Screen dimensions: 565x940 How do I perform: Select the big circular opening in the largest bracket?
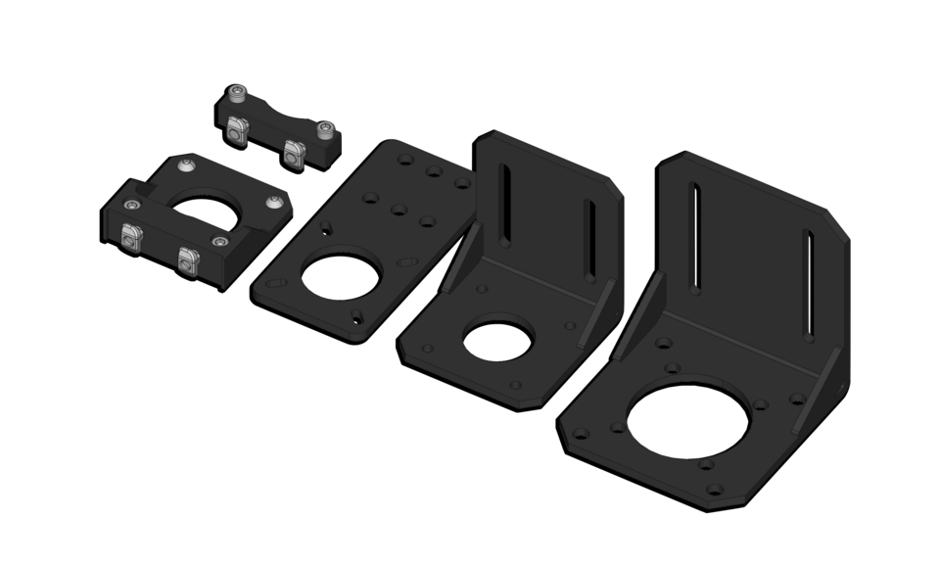[x=687, y=418]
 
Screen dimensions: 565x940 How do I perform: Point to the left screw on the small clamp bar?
[x=235, y=95]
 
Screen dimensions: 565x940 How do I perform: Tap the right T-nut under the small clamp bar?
[x=292, y=151]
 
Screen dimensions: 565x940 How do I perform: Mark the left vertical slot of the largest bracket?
[x=694, y=236]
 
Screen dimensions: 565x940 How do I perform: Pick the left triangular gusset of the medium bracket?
[x=458, y=259]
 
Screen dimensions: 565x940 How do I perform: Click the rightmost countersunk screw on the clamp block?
[x=276, y=203]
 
